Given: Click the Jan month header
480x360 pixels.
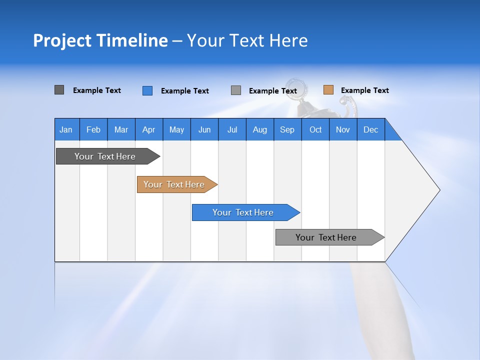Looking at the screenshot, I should click(66, 129).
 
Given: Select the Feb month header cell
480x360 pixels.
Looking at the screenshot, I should click(93, 129).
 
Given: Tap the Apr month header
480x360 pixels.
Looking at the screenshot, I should click(149, 129).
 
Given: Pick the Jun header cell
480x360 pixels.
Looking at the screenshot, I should click(204, 129).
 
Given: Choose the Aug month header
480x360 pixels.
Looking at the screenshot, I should click(260, 129).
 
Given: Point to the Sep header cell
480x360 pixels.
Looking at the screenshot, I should click(287, 129).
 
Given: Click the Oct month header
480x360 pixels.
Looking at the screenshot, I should click(315, 129).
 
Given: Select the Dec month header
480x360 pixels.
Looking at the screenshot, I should click(371, 129).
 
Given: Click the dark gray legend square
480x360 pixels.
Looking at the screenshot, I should click(59, 90).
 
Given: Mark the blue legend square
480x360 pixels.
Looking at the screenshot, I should click(147, 90).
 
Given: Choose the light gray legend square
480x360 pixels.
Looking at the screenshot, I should click(236, 90).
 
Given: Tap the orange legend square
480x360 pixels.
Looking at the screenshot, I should click(328, 90).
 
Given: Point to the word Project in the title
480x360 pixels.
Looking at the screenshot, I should click(62, 40).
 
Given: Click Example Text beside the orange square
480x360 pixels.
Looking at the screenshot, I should click(364, 90).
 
